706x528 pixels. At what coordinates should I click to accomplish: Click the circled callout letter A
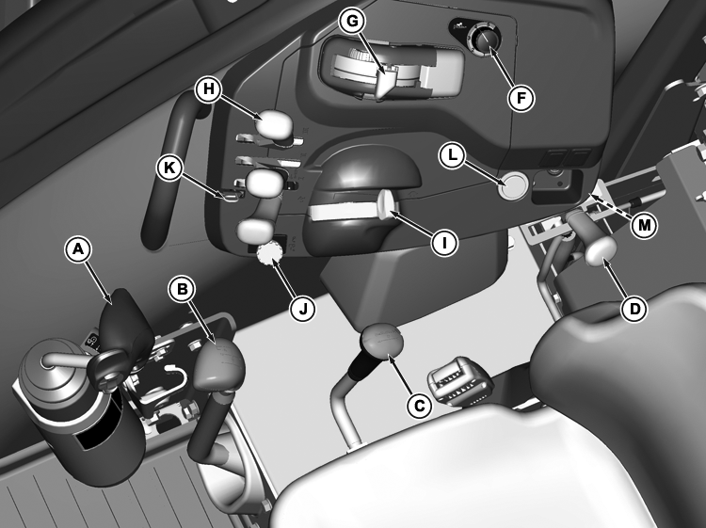click(78, 249)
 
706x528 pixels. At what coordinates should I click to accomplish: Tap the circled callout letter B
click(182, 289)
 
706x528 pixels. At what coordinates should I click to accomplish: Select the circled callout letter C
click(419, 406)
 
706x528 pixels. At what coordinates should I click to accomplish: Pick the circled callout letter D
click(634, 309)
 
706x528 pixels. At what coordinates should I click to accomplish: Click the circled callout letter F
click(521, 98)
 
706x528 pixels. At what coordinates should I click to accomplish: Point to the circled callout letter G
click(353, 21)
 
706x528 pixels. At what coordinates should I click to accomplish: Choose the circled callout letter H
click(208, 88)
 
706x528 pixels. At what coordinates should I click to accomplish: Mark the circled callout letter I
click(444, 243)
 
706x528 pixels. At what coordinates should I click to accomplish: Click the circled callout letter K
click(169, 168)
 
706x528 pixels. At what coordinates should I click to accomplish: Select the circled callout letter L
click(452, 155)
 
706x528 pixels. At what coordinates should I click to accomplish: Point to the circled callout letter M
click(644, 225)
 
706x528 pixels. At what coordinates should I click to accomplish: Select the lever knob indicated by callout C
click(381, 342)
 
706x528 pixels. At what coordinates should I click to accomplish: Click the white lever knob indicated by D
click(601, 249)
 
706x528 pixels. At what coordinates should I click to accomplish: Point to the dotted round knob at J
click(268, 253)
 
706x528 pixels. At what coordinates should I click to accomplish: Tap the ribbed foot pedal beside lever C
click(459, 382)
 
